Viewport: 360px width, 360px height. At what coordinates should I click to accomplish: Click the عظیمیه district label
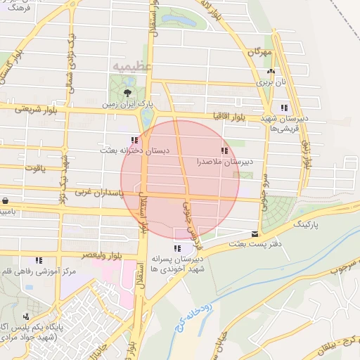[128, 66]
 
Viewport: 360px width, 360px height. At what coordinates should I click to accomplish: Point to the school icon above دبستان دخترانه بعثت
[134, 141]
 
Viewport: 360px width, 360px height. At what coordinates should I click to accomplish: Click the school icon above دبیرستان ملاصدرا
[224, 150]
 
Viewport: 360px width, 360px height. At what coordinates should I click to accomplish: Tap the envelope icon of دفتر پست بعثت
[254, 234]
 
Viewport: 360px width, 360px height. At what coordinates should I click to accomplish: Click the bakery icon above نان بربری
[271, 72]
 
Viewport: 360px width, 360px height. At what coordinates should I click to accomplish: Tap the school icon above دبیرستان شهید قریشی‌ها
[284, 108]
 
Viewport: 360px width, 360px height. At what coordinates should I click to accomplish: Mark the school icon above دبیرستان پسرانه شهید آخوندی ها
[177, 248]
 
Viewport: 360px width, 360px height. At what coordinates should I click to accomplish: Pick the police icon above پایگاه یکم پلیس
[26, 316]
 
